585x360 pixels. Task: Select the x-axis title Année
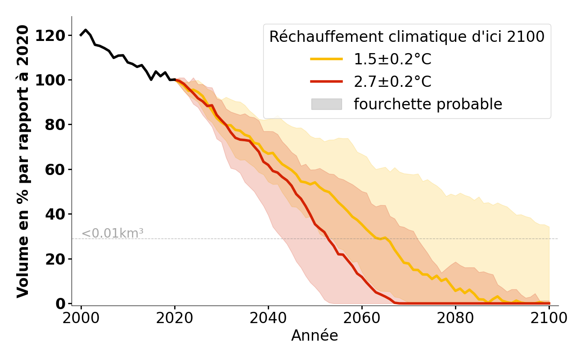click(x=315, y=336)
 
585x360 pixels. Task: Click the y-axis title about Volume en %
click(x=23, y=161)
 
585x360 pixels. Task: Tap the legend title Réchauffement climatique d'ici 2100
click(x=407, y=37)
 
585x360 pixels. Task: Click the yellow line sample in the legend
click(x=326, y=59)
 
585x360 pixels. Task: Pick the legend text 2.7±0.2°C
click(x=392, y=82)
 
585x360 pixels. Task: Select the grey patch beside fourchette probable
click(x=326, y=104)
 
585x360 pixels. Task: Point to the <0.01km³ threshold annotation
click(x=112, y=234)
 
